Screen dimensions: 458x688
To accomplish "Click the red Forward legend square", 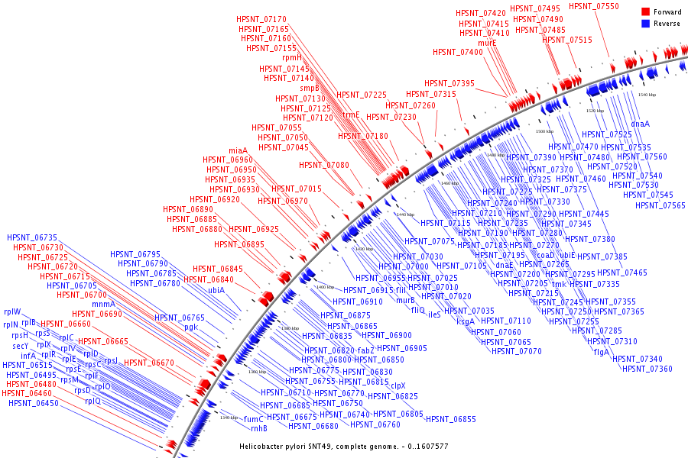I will click(645, 12).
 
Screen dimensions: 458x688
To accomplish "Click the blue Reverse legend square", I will click(645, 24).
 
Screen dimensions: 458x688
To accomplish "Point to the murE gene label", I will click(487, 43).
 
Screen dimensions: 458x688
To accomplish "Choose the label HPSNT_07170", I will click(261, 19).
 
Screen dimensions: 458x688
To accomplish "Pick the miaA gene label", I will click(239, 150).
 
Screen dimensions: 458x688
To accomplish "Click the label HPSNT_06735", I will click(32, 237).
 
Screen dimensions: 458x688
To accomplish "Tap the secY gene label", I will click(21, 346).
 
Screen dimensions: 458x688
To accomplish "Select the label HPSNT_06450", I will click(34, 403).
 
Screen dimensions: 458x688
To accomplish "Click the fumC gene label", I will click(253, 418).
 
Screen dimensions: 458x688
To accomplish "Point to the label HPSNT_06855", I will click(451, 419).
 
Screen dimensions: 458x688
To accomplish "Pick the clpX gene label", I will click(398, 385).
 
